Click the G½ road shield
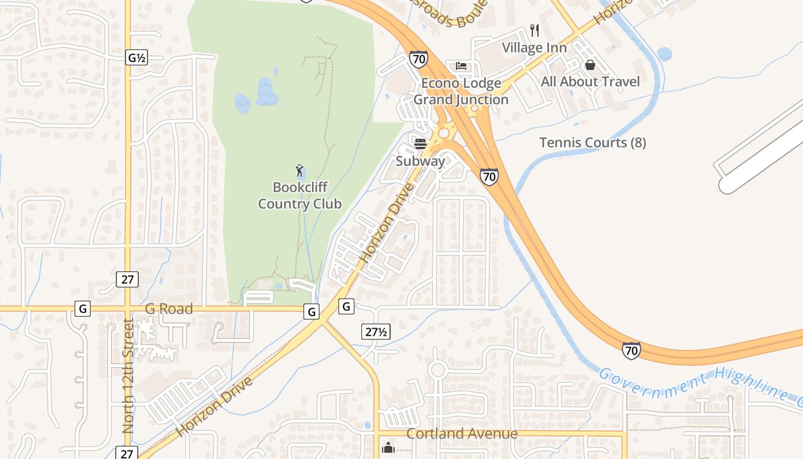tap(137, 57)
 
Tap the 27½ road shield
tap(376, 331)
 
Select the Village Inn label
tap(535, 48)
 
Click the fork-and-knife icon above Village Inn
tap(535, 30)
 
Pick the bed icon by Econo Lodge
tap(461, 66)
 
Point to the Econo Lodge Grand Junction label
tap(461, 91)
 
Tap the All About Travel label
tap(590, 81)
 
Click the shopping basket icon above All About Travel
tap(590, 65)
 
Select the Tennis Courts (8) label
tap(592, 143)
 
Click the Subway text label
tap(420, 161)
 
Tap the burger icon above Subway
tap(420, 144)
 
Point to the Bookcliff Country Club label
tap(299, 196)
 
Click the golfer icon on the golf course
tap(299, 170)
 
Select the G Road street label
tap(169, 309)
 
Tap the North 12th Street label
tap(128, 376)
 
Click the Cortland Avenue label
tap(462, 434)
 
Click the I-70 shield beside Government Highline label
tap(631, 350)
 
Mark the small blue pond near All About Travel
tap(664, 54)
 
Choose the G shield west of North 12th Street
tap(83, 309)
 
